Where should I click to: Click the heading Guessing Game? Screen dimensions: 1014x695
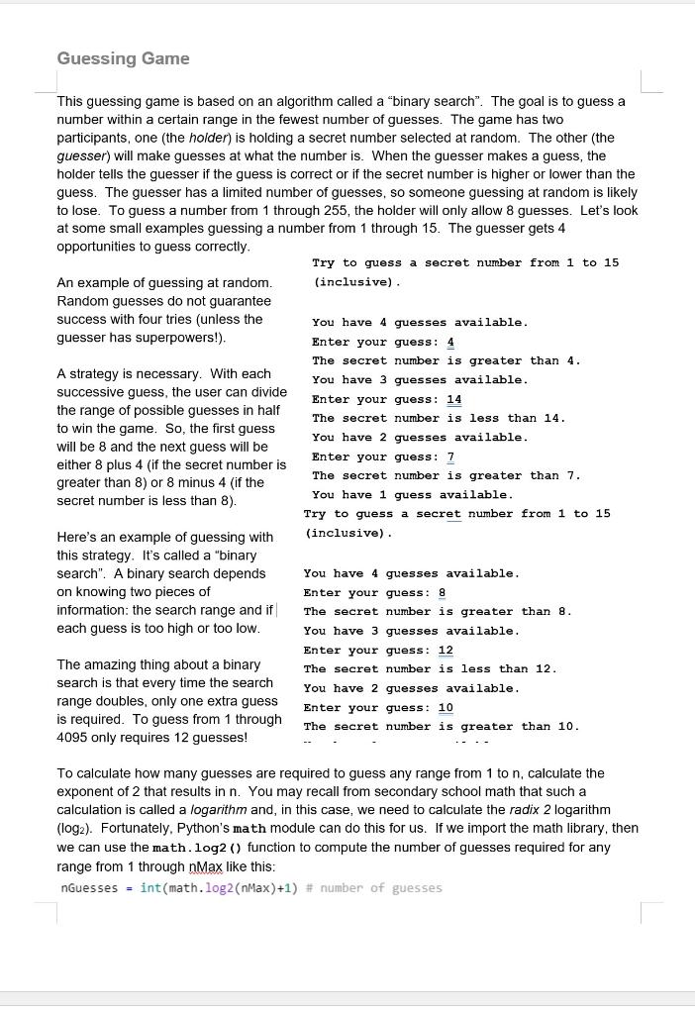123,58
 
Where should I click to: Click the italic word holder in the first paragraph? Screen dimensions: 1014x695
207,138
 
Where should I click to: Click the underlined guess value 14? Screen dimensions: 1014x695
454,399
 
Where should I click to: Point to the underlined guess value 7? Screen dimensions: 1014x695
450,456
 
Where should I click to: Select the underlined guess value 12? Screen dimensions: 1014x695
446,650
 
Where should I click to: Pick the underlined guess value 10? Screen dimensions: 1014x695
446,707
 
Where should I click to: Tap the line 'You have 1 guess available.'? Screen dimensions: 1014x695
412,494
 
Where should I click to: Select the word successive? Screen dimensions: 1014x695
90,392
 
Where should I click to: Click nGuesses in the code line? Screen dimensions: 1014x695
90,887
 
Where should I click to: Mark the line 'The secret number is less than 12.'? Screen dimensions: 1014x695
430,668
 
